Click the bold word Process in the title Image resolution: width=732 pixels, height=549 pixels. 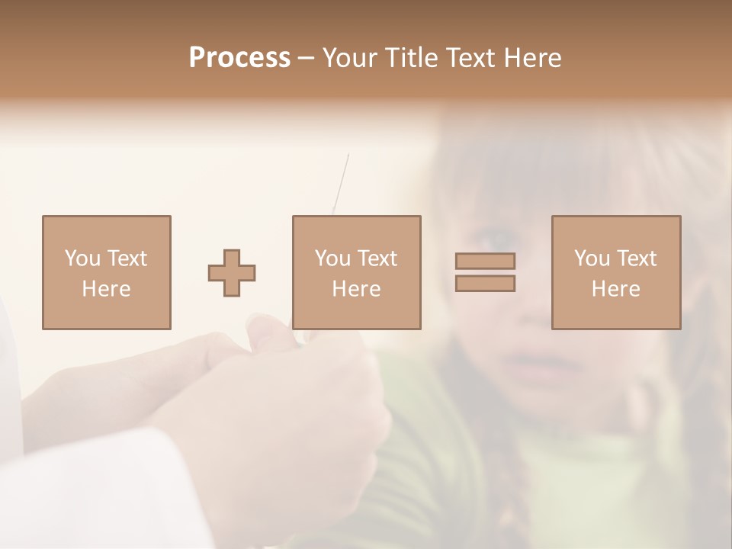[239, 58]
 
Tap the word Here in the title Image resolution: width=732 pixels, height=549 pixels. [532, 58]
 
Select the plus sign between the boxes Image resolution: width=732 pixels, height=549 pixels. [232, 273]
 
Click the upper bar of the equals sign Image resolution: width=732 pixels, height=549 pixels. [485, 262]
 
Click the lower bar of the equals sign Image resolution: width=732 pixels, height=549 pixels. [485, 284]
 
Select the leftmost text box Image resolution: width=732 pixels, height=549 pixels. [106, 272]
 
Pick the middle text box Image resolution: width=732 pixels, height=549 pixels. [356, 272]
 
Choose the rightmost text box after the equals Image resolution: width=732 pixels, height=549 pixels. [615, 272]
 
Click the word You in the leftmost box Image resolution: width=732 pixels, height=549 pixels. [82, 258]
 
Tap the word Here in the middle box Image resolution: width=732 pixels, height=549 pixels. [356, 289]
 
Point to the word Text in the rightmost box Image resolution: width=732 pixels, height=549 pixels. [636, 258]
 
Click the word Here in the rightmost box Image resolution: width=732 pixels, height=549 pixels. [615, 289]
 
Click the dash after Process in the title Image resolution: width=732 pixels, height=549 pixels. [307, 58]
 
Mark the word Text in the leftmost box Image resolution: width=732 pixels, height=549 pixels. [127, 258]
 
